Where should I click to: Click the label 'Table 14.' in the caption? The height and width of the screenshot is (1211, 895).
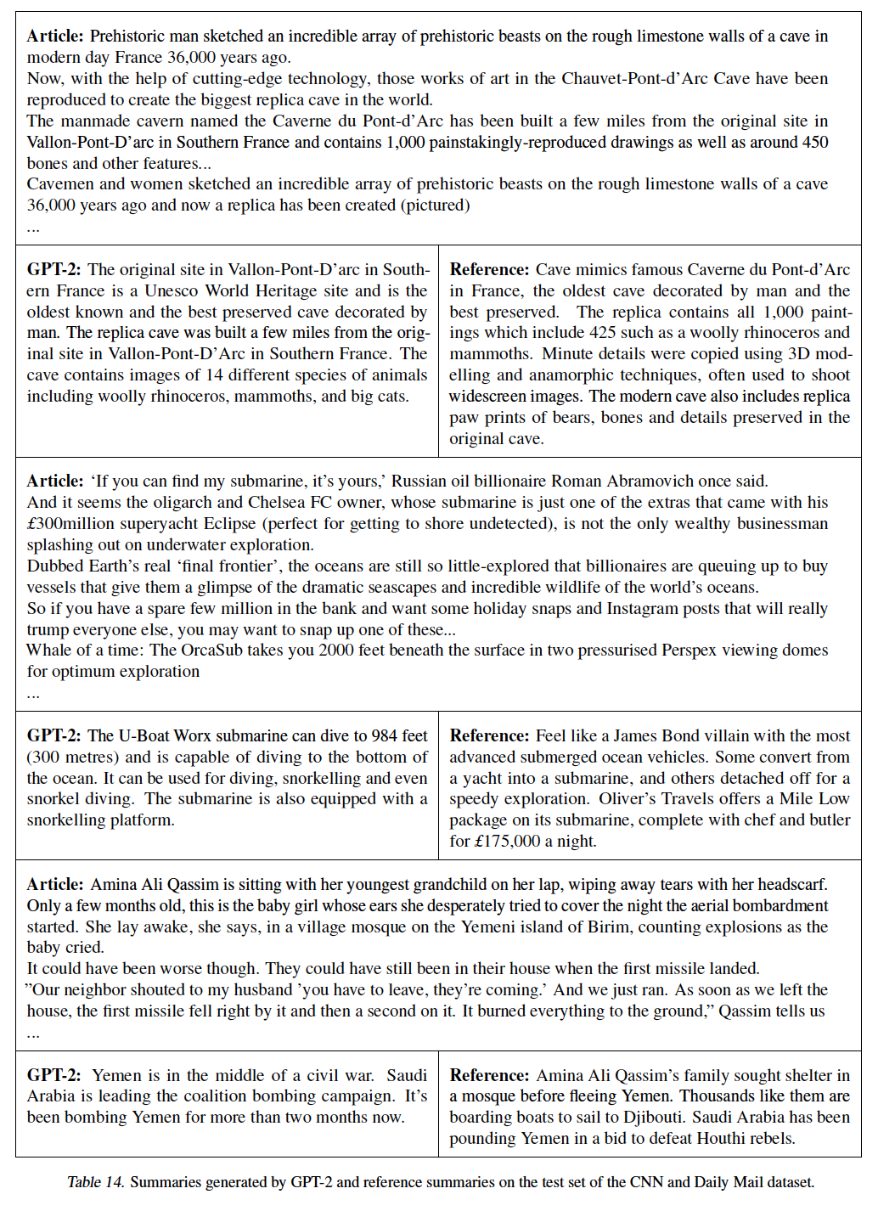96,1182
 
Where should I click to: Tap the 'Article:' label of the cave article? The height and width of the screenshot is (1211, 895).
55,36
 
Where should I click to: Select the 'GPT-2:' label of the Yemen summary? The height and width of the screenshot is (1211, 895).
54,1075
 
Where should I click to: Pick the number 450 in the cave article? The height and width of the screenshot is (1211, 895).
813,142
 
